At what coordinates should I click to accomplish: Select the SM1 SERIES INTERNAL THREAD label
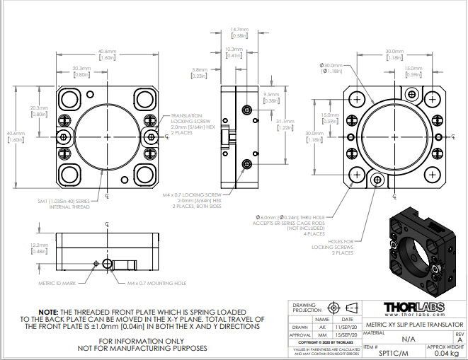[66, 204]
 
